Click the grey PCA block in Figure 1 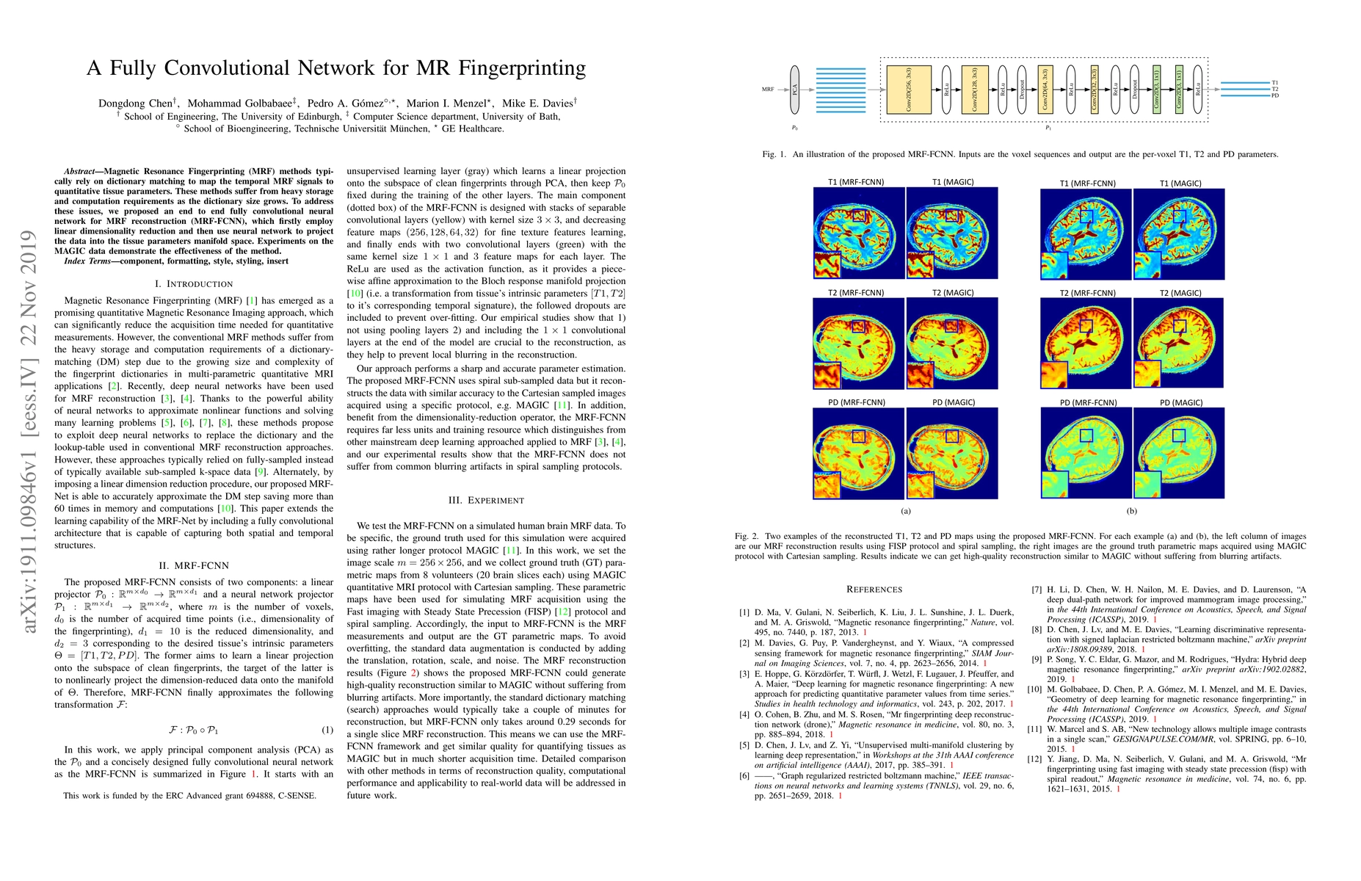[x=794, y=90]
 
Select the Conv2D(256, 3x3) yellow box [x=909, y=90]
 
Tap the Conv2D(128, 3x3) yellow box [x=975, y=90]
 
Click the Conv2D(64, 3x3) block [x=1045, y=90]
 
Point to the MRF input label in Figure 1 [x=768, y=90]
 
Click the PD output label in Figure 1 [x=1275, y=95]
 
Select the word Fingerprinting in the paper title [x=522, y=68]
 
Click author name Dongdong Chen [x=137, y=104]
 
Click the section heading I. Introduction [x=194, y=283]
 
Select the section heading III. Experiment [x=486, y=500]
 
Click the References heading [x=874, y=589]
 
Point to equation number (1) [x=327, y=730]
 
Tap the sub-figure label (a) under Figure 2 [x=905, y=511]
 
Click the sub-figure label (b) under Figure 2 [x=1131, y=511]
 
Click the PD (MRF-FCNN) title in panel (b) [x=1088, y=402]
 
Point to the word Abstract [x=79, y=171]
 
